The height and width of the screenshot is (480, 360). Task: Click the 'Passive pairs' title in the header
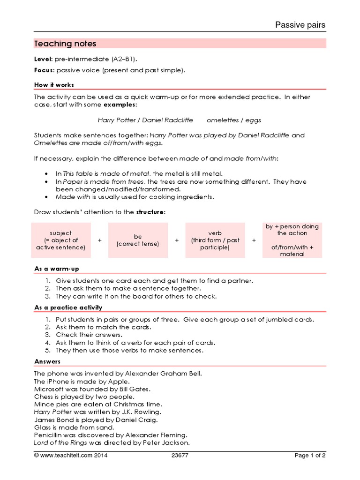click(x=300, y=25)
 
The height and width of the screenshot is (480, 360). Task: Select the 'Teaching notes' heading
click(x=65, y=44)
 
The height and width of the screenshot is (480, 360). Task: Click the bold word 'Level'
click(x=43, y=60)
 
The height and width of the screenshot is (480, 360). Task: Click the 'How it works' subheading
click(x=54, y=85)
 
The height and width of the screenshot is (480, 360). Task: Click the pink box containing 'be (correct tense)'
click(x=137, y=240)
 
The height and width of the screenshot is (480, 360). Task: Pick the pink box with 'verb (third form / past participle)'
click(x=215, y=240)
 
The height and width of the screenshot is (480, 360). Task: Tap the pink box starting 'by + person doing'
click(x=292, y=240)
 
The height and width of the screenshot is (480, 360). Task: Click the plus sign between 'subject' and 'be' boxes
click(x=100, y=240)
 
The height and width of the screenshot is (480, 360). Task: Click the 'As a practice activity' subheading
click(x=68, y=307)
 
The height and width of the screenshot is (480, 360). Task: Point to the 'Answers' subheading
click(x=47, y=362)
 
